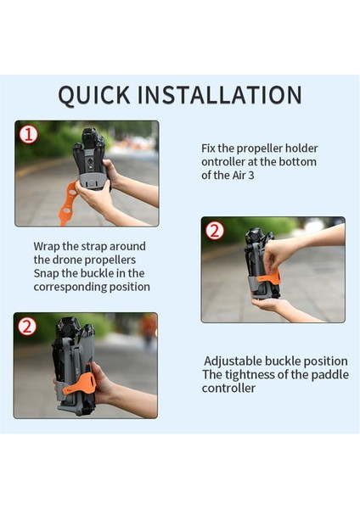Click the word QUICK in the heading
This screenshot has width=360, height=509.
94,95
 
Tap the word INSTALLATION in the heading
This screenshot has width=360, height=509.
220,95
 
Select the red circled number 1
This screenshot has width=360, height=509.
28,134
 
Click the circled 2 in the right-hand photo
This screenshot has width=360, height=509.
215,231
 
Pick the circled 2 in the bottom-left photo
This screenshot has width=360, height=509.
27,327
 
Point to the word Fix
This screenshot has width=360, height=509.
209,148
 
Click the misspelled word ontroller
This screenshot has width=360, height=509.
223,162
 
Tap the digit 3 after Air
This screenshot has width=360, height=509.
250,176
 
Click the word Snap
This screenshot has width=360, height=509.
46,274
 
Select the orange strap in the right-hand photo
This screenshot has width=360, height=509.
268,278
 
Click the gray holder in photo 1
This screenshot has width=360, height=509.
93,180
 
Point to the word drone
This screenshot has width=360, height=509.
67,260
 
